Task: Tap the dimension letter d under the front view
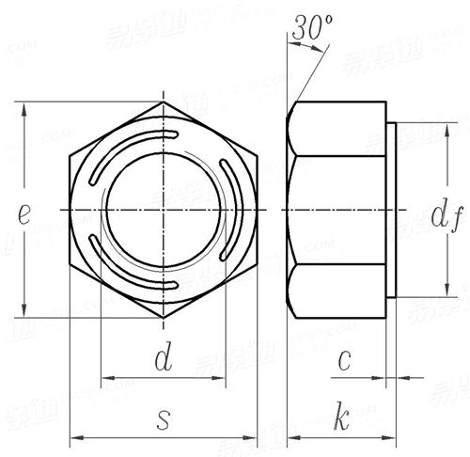pyautogui.click(x=163, y=357)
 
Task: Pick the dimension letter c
pyautogui.click(x=346, y=358)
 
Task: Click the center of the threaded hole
pyautogui.click(x=164, y=209)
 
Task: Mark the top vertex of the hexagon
pyautogui.click(x=164, y=102)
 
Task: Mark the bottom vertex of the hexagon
pyautogui.click(x=164, y=317)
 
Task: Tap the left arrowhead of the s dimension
pyautogui.click(x=76, y=437)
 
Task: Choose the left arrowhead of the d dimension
pyautogui.click(x=106, y=379)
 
